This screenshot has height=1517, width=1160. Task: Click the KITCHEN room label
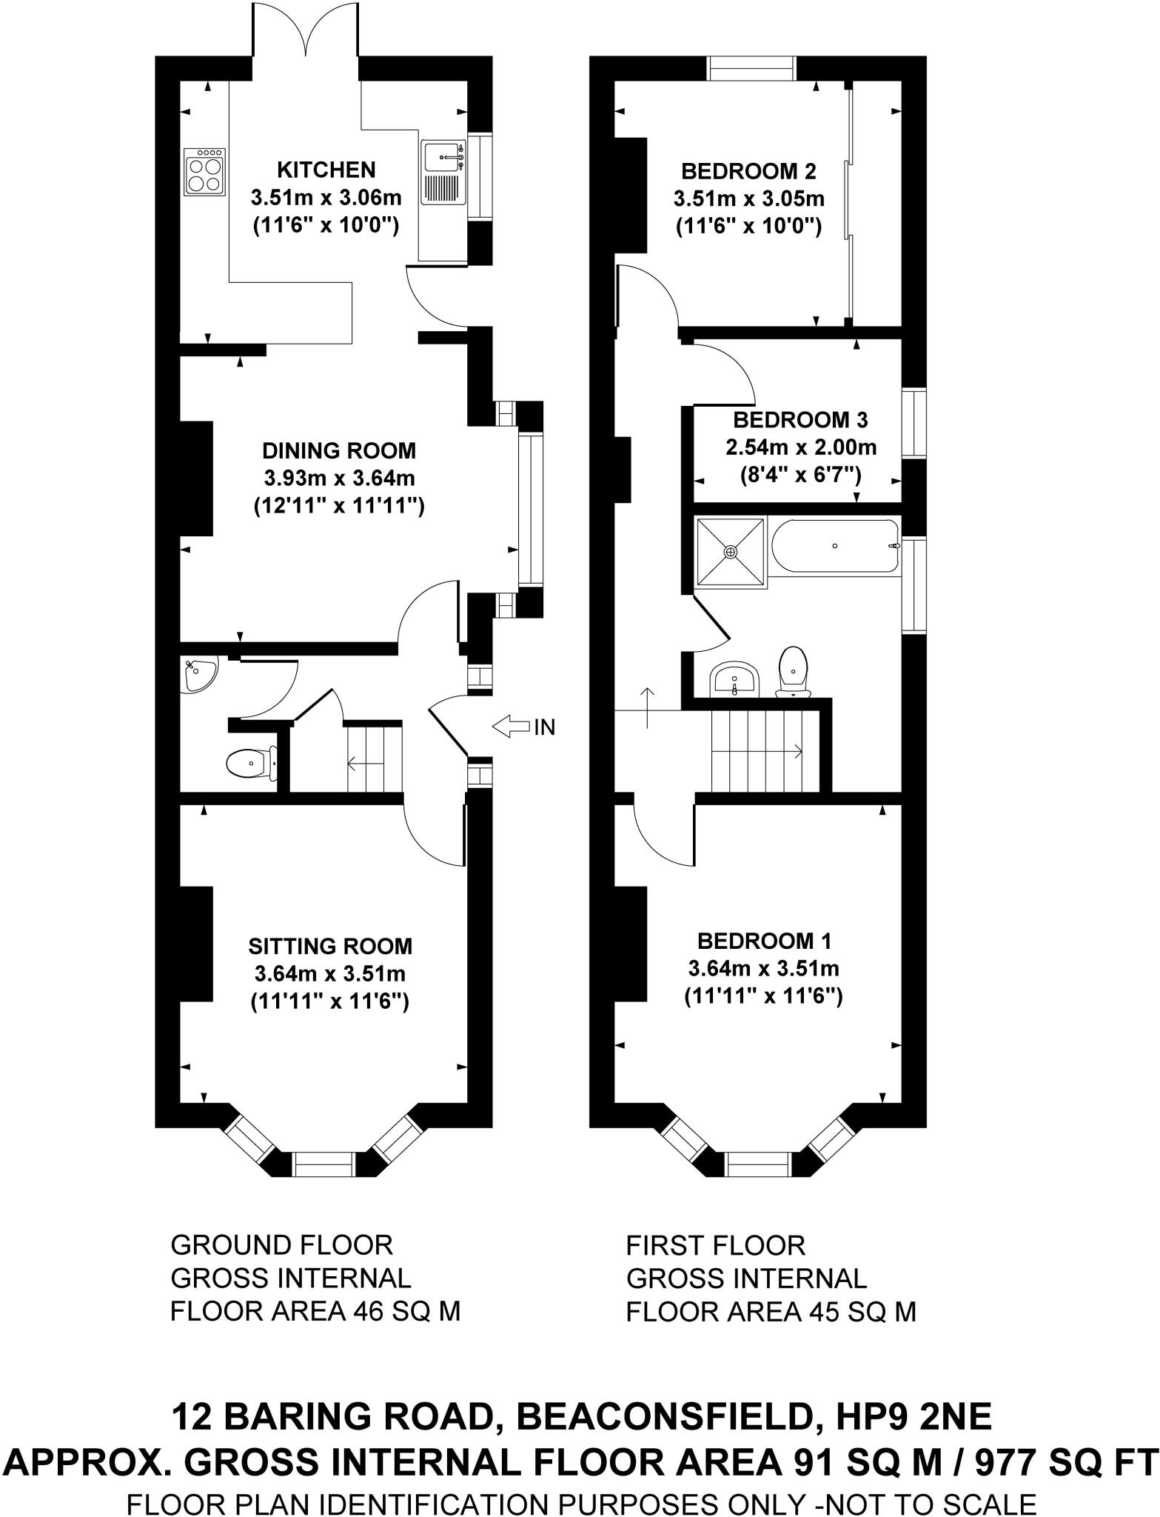pos(326,170)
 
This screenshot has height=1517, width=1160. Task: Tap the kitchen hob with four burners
pos(204,171)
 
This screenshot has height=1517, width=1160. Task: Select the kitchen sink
pos(443,172)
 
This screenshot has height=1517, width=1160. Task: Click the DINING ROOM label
pos(339,450)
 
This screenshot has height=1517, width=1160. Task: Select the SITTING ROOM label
pos(330,946)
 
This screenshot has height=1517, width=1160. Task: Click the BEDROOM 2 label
pos(748,172)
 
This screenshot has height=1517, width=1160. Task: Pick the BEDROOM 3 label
pos(800,420)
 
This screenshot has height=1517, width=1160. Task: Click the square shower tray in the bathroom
pos(730,552)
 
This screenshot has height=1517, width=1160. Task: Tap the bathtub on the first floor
pos(835,546)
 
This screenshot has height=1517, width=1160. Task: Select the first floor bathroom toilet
pos(793,670)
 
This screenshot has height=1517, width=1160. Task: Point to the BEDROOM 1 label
pos(764,941)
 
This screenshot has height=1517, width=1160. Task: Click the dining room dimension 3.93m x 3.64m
pos(339,478)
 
